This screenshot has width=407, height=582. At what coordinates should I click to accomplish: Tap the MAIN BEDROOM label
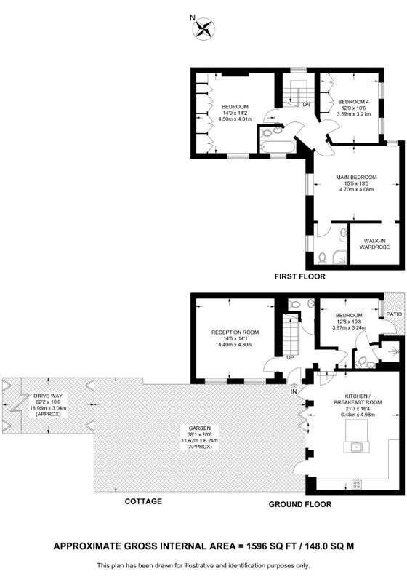(356, 177)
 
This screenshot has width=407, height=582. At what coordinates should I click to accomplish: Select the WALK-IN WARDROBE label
(375, 244)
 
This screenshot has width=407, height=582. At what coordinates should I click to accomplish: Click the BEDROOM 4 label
(354, 102)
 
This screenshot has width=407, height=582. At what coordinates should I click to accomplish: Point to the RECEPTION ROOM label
(235, 332)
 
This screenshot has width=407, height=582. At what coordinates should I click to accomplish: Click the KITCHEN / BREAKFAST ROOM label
(358, 399)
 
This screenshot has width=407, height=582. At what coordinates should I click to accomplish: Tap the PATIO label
(394, 314)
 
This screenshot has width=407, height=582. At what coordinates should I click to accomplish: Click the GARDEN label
(201, 428)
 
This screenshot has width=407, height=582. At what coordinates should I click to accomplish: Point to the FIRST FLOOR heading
(299, 276)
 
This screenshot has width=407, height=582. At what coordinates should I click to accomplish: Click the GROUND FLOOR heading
(300, 504)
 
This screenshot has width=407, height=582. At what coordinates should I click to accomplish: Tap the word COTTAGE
(143, 501)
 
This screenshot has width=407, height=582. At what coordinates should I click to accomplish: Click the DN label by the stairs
(306, 105)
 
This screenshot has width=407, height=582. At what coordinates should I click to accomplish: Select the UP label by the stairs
(290, 358)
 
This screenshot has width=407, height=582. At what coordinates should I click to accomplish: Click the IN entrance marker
(294, 392)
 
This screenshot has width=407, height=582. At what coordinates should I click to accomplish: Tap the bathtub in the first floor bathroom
(278, 146)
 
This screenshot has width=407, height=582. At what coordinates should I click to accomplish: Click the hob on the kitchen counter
(357, 484)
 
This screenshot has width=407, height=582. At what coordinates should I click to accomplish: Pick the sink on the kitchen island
(357, 447)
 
